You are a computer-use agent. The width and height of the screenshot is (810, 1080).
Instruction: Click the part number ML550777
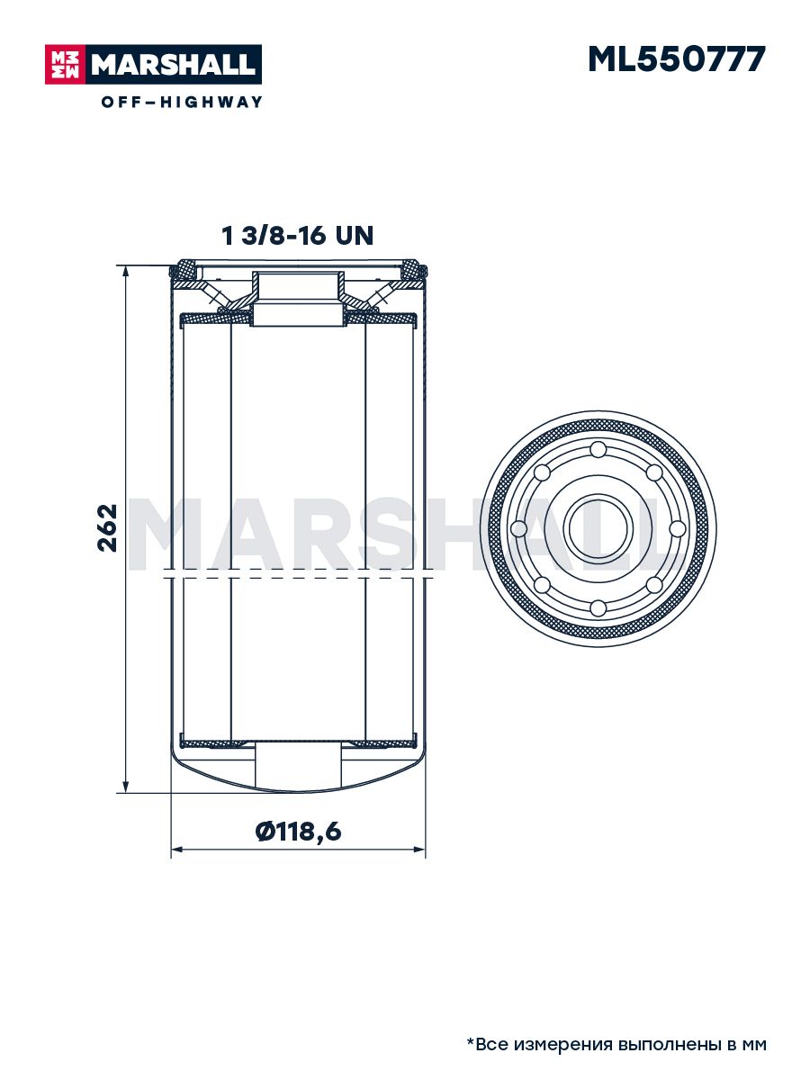tap(676, 59)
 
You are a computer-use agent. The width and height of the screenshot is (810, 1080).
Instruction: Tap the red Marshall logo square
tap(65, 65)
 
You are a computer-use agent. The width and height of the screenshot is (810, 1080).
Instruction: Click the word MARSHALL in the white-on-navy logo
tap(173, 65)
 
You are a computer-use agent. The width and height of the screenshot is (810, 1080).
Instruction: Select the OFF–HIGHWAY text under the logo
tap(182, 102)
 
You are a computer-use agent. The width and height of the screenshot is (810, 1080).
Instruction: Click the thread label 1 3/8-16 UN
tap(298, 235)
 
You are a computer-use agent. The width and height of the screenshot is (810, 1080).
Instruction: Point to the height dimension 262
tap(107, 527)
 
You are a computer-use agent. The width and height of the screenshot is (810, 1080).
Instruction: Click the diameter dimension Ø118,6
tap(298, 832)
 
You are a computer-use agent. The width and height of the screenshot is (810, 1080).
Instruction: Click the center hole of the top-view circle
tap(598, 528)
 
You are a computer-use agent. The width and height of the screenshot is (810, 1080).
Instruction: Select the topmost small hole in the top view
tap(598, 449)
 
